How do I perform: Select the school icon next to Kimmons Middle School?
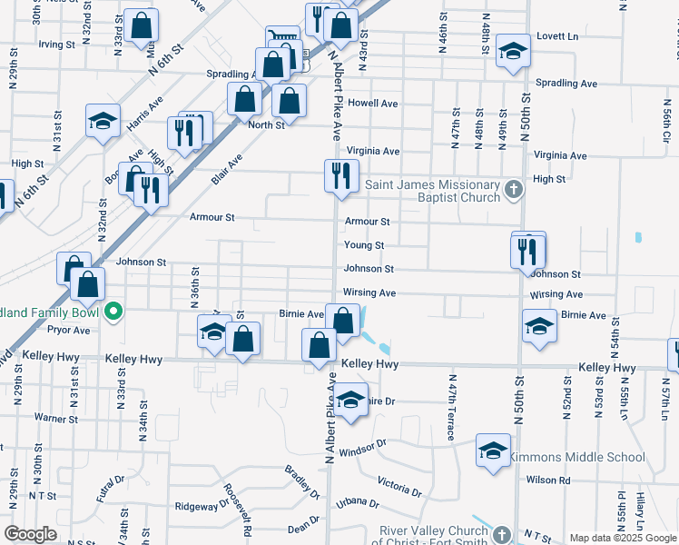point(493,451)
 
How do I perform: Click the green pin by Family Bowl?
point(113,312)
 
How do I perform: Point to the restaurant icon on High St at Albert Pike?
point(341,175)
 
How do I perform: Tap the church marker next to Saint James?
point(515,190)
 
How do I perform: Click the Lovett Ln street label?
point(557,36)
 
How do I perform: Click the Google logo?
point(30,534)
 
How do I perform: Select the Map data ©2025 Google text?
point(623,538)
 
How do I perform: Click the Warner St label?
point(56,419)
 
